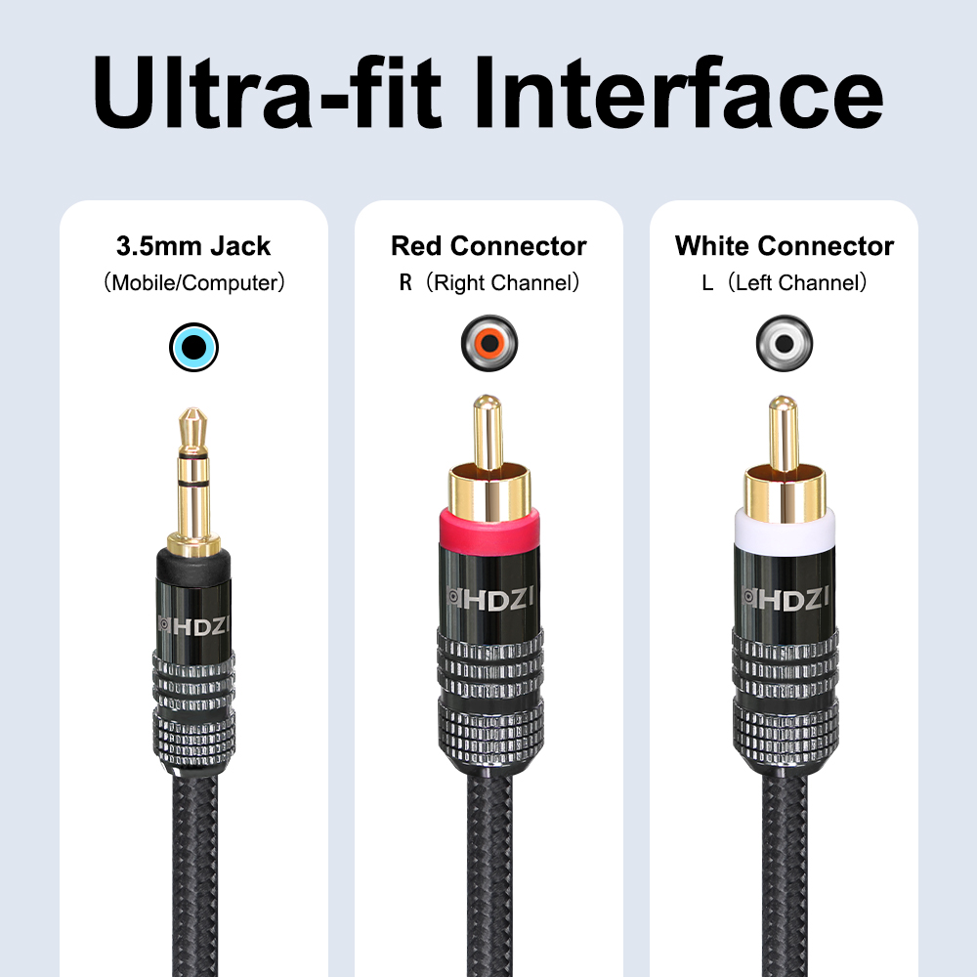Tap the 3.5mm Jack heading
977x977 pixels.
[x=193, y=246]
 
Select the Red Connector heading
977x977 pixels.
[x=489, y=246]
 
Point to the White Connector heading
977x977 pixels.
[x=785, y=246]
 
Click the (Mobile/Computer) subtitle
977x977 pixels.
[x=193, y=282]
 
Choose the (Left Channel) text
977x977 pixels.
[x=797, y=282]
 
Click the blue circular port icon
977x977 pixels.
[x=193, y=347]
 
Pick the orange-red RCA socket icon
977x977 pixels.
[x=489, y=343]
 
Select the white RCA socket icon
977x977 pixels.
[x=785, y=343]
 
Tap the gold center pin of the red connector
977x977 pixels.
[x=488, y=432]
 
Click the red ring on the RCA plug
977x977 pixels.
[x=489, y=528]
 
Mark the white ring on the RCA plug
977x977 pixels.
[x=785, y=529]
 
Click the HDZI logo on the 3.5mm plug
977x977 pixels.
[x=193, y=625]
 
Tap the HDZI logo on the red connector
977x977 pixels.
[x=489, y=599]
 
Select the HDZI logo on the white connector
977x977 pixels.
[x=786, y=599]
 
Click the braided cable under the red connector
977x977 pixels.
[x=489, y=872]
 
